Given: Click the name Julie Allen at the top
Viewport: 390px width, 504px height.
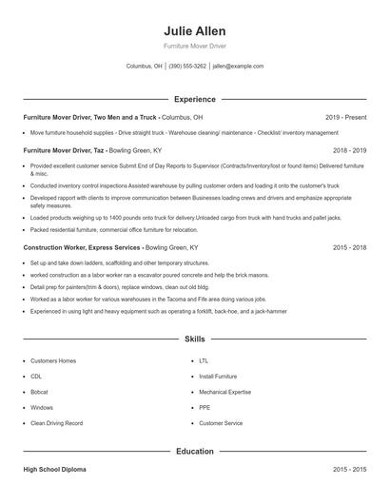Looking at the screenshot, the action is [x=194, y=30].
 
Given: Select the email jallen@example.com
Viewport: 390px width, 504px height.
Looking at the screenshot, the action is [x=238, y=67].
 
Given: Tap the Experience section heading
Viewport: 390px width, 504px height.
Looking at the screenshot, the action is [x=194, y=99].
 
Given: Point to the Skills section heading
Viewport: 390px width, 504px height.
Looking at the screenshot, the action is [x=194, y=339].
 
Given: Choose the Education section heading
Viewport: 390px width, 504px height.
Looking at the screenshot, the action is [x=194, y=452].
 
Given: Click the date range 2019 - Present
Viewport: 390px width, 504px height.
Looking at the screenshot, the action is [x=345, y=117].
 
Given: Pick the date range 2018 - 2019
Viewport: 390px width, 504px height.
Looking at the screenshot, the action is [x=349, y=150].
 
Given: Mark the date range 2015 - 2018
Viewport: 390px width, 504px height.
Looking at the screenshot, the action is [x=349, y=247].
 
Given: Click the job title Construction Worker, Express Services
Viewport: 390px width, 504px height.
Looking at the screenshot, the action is [x=81, y=247].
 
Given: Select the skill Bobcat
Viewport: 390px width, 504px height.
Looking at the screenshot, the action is [x=39, y=392].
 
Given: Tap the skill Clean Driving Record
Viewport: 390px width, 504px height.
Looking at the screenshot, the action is [x=56, y=422].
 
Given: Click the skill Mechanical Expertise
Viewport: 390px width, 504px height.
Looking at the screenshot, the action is [x=224, y=392].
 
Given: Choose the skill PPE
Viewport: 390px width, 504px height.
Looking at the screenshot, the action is [x=204, y=407].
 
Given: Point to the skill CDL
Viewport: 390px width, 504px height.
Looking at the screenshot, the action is [x=36, y=377].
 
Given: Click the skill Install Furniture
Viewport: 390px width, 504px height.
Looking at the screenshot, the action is [x=218, y=377].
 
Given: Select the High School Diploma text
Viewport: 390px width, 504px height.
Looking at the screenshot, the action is [x=55, y=470].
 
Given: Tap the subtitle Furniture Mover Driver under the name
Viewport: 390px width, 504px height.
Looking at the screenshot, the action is [x=194, y=46].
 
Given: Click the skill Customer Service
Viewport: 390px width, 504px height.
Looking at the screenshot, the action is [x=221, y=422].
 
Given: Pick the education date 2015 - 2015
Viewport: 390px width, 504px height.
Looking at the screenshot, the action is [x=349, y=470].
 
